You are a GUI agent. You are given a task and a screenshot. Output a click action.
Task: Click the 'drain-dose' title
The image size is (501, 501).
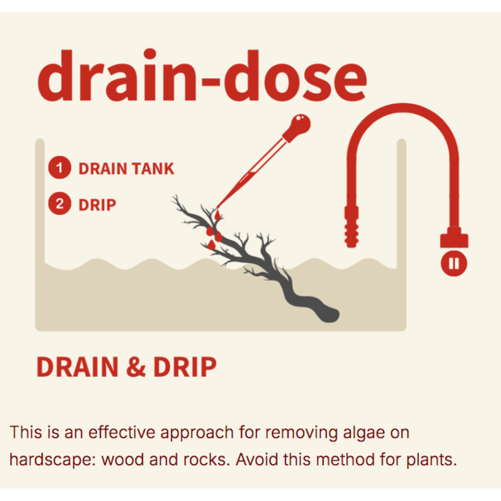click(x=202, y=76)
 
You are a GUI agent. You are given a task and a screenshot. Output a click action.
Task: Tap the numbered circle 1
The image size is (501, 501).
click(x=60, y=167)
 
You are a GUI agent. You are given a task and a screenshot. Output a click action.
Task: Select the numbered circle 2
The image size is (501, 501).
click(x=60, y=203)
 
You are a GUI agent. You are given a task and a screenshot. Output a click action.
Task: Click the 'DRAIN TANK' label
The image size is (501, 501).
click(x=127, y=168)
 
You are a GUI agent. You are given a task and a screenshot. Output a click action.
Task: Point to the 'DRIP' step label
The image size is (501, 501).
click(x=97, y=205)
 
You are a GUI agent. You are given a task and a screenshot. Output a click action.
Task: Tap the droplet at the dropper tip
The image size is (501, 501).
click(x=217, y=215)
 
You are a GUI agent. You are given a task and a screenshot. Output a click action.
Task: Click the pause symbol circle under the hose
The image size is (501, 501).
click(x=454, y=264)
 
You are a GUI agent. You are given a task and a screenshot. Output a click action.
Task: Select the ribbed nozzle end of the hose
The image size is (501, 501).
click(x=352, y=227)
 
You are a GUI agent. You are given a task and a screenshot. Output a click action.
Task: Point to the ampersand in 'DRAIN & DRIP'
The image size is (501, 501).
click(x=136, y=367)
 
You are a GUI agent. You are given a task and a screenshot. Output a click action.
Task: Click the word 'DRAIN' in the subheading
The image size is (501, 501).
click(x=78, y=367)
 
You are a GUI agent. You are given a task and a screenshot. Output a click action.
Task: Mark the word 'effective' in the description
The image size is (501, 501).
click(x=122, y=432)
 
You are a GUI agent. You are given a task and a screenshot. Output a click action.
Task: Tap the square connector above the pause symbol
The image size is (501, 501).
click(x=454, y=237)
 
